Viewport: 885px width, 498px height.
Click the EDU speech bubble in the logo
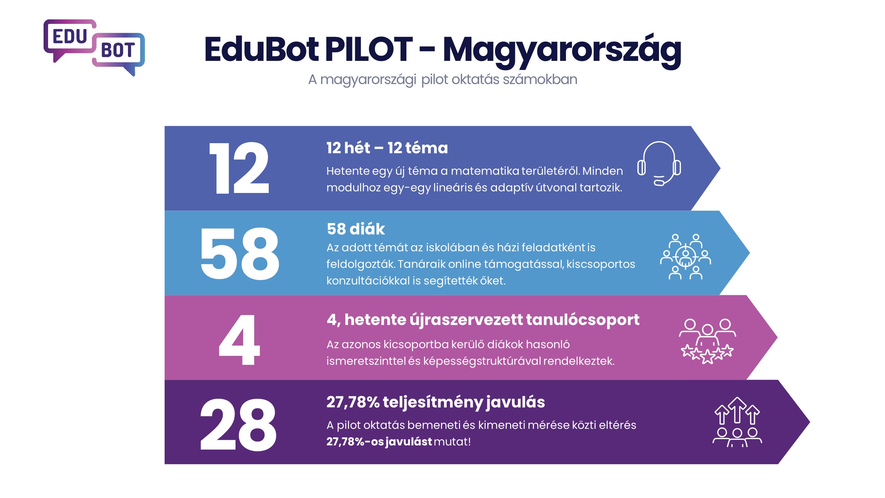(x=70, y=37)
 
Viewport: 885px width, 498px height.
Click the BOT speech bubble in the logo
(x=118, y=50)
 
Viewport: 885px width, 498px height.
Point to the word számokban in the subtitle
(x=540, y=80)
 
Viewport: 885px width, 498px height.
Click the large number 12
(x=239, y=168)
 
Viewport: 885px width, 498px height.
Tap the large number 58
(x=239, y=253)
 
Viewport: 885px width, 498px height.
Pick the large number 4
(x=239, y=340)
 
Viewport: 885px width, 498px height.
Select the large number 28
(x=238, y=425)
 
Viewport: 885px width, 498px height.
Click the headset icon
(x=659, y=164)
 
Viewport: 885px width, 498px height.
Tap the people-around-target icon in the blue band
(x=685, y=256)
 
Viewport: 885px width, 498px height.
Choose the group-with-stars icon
(x=707, y=341)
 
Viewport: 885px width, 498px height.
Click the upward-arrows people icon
(x=737, y=422)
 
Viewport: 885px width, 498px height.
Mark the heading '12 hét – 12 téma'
(x=387, y=148)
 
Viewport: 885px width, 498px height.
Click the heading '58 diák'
(x=356, y=229)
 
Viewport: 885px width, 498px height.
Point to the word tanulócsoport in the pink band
(x=582, y=320)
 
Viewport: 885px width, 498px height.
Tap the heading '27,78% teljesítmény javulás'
(x=435, y=402)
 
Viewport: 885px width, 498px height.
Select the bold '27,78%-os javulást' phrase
(x=379, y=442)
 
